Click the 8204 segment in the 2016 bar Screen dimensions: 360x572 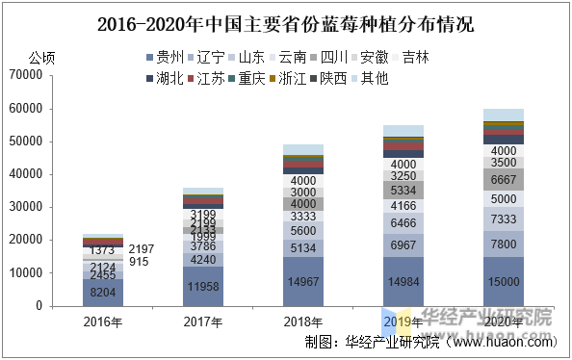pyautogui.click(x=103, y=292)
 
